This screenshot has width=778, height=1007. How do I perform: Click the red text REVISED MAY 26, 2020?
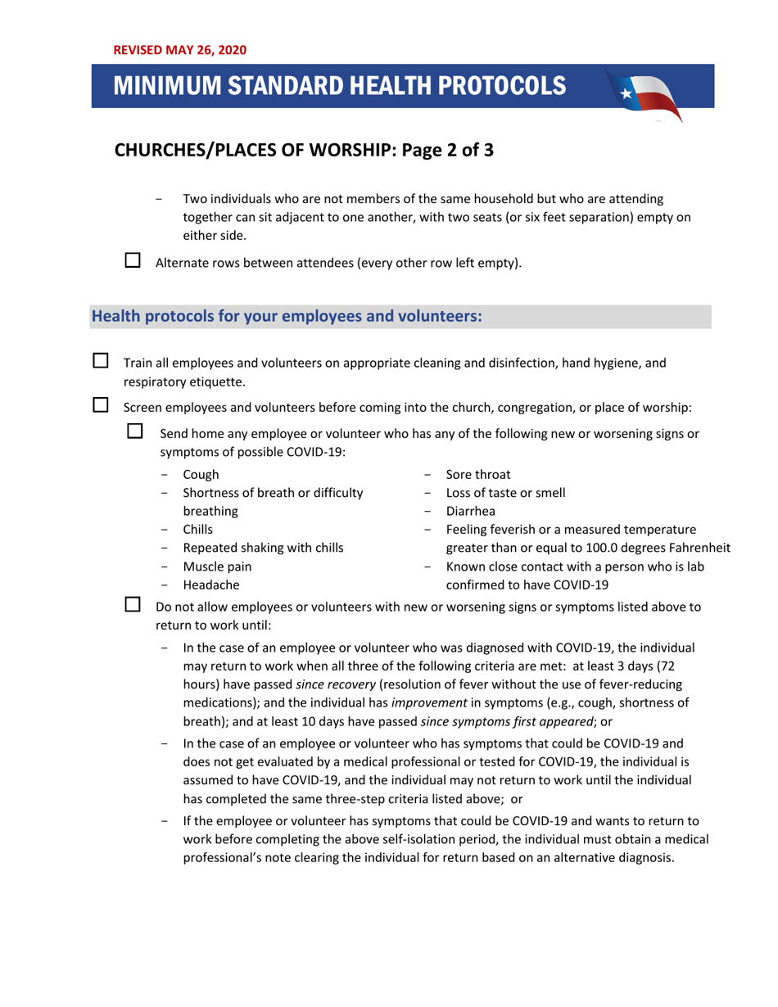[x=179, y=49]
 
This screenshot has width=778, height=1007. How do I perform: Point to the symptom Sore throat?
[x=478, y=475]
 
